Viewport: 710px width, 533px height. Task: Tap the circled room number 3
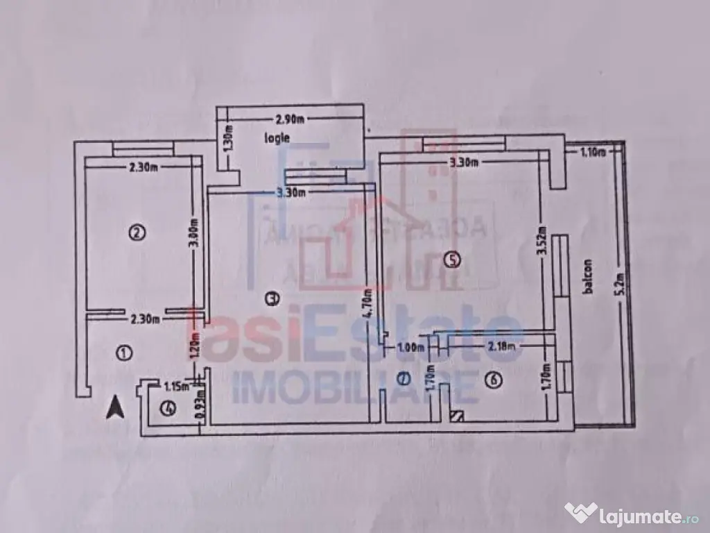coord(272,299)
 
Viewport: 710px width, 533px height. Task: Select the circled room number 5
coord(451,260)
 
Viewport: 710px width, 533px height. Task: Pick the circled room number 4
coord(167,408)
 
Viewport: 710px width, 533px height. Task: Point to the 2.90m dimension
coord(291,120)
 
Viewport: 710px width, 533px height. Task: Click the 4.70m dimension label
coord(370,302)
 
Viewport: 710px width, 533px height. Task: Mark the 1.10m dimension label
coord(594,152)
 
